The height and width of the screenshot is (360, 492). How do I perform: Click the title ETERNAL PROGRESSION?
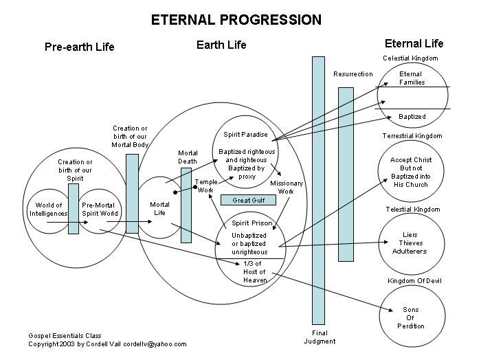point(236,19)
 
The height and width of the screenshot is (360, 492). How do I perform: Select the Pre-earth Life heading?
point(80,47)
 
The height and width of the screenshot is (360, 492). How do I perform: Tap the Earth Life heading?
point(221,45)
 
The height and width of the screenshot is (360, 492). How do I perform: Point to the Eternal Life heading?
point(414,43)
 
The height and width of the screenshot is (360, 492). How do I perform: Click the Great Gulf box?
point(248,200)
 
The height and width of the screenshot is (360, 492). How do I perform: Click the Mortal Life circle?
point(159,208)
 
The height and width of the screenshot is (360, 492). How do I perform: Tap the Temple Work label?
point(205,185)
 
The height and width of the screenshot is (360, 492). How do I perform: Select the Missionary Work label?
point(282,188)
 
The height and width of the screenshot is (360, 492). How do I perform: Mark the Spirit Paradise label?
point(245,134)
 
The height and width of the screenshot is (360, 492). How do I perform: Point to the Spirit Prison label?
point(252,224)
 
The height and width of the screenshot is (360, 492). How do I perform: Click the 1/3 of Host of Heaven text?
point(255,271)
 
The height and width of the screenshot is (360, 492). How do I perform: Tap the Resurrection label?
point(353,74)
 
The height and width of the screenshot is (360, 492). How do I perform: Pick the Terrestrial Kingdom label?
point(412,136)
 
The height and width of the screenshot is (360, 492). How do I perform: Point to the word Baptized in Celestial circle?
point(412,117)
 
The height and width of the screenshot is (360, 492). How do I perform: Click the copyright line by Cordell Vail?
point(107,344)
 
